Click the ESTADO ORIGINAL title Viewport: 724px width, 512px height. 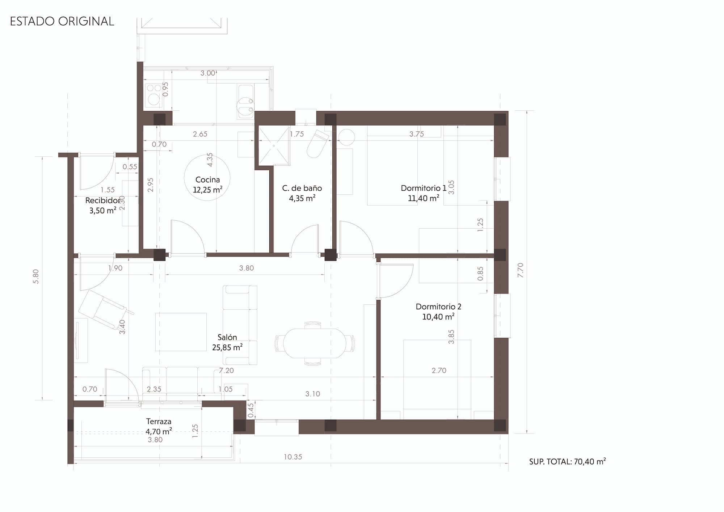(x=62, y=21)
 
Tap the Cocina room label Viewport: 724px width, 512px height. (x=207, y=179)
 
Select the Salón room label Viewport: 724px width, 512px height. (x=227, y=337)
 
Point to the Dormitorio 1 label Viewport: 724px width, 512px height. (x=424, y=188)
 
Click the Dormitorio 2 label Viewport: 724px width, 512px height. (x=438, y=306)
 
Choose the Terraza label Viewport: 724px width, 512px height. (x=159, y=422)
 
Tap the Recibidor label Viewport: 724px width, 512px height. (x=103, y=200)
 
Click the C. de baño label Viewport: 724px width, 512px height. (x=302, y=188)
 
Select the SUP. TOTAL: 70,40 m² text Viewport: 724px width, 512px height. (x=567, y=461)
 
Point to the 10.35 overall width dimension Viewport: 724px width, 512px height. (x=292, y=457)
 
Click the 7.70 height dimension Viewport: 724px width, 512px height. (x=521, y=270)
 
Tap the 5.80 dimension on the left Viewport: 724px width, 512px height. (x=36, y=276)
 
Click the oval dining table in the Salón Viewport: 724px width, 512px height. (x=315, y=343)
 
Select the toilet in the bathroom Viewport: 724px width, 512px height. (x=317, y=144)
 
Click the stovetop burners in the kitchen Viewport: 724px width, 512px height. (x=153, y=95)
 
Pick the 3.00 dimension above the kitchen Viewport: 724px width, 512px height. (x=208, y=73)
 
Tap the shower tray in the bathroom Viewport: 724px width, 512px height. (x=274, y=145)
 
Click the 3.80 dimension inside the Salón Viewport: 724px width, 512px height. (x=247, y=268)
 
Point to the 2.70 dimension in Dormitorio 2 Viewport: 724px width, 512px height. (x=439, y=371)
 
